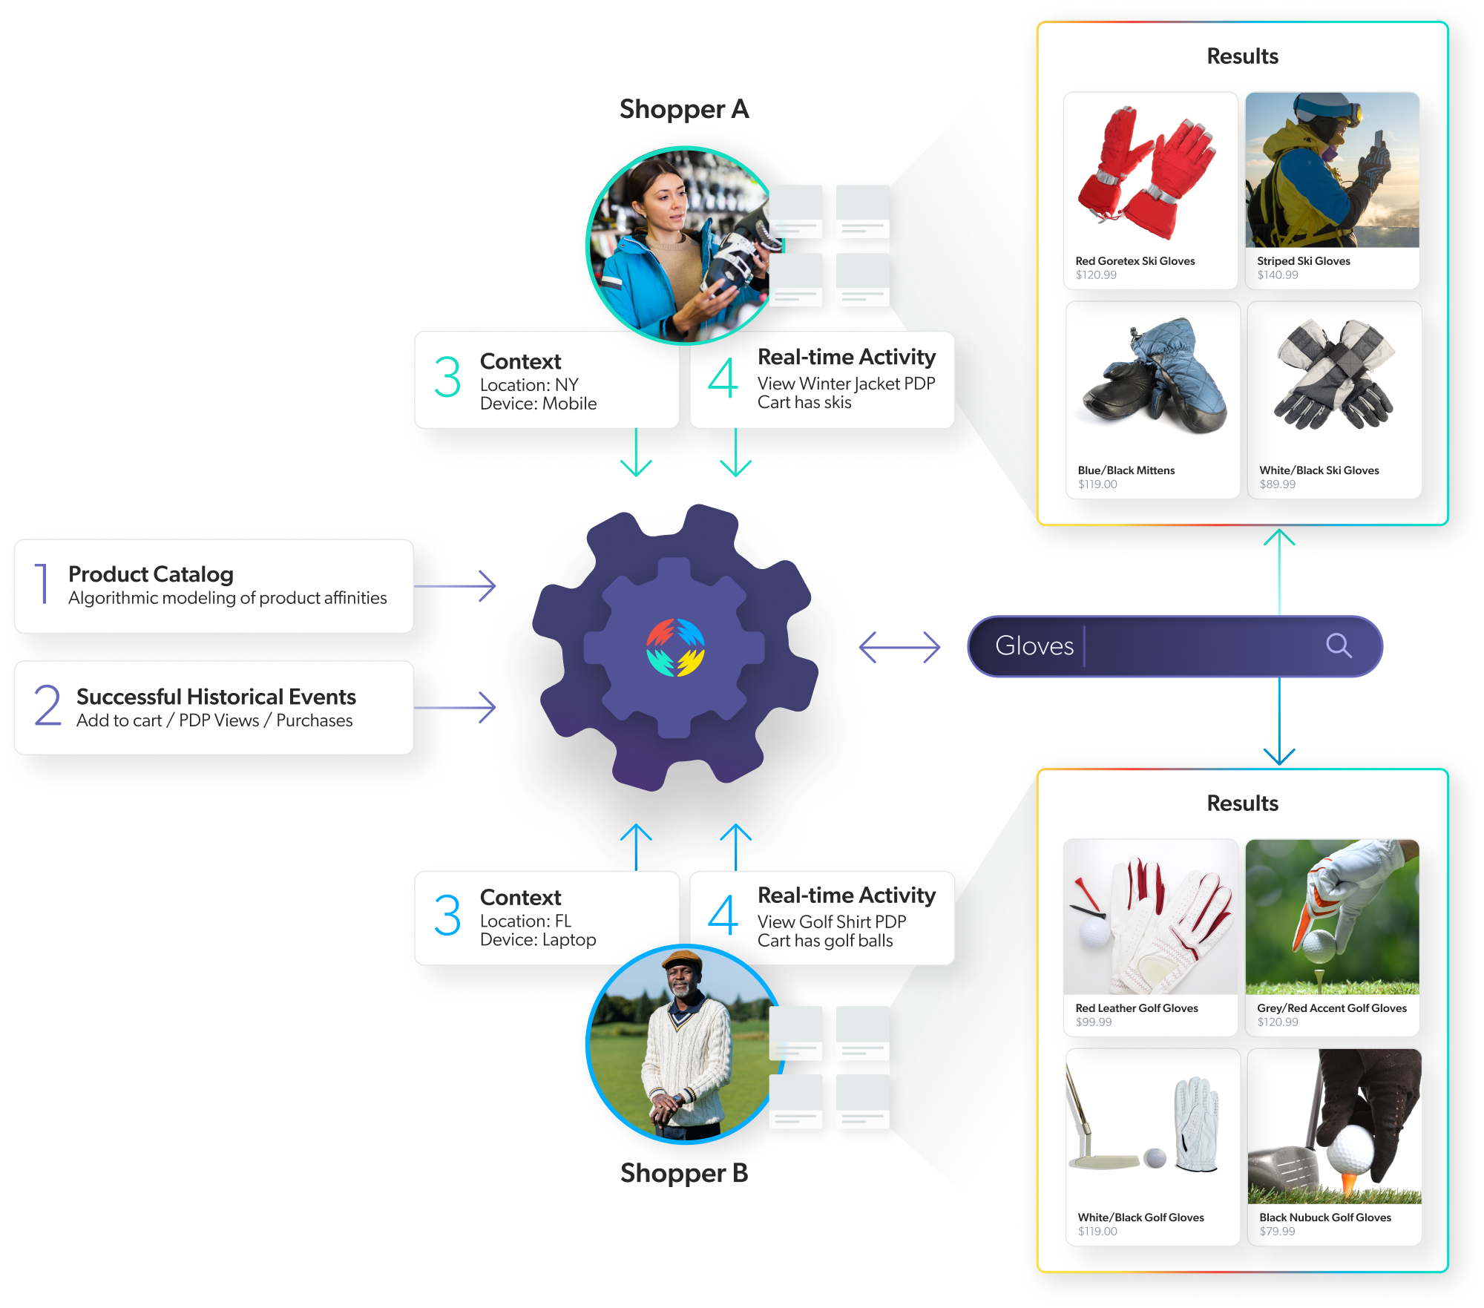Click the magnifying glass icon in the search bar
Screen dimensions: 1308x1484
coord(1339,645)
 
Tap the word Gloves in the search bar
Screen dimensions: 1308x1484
coord(1034,645)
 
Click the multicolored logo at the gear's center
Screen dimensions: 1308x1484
coord(675,647)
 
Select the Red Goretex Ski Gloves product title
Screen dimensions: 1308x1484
coord(1135,261)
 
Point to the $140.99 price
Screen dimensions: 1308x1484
coord(1277,275)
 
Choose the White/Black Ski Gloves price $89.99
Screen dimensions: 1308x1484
coord(1277,484)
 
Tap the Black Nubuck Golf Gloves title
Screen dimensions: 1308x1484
coord(1324,1217)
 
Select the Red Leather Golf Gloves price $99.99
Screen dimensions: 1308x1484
coord(1094,1022)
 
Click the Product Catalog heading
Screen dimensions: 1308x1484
coord(151,574)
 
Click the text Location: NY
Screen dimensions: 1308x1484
coord(528,385)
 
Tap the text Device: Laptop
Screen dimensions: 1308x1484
coord(537,940)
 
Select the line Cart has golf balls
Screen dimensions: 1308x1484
coord(824,941)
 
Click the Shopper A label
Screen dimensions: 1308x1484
coord(683,110)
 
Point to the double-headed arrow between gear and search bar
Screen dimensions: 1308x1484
coord(899,647)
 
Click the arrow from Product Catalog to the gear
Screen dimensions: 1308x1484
coord(455,586)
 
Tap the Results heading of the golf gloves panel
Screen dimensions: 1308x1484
coord(1242,803)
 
